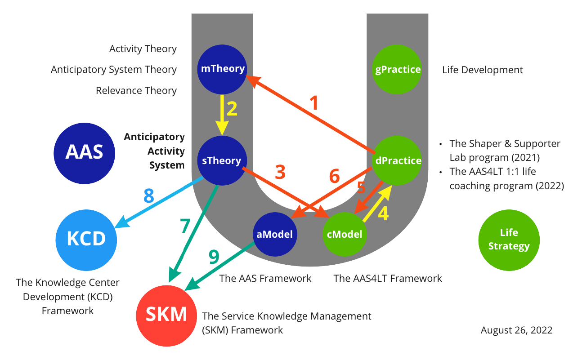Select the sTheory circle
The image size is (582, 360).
tap(221, 160)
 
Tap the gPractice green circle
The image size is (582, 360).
tap(398, 69)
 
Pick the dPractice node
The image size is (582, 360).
tap(398, 160)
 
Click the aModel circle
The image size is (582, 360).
tap(275, 234)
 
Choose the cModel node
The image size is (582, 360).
tap(345, 234)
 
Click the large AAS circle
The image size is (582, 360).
tap(84, 152)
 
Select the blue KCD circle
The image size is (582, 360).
tap(86, 239)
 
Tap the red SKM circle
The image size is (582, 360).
tap(166, 315)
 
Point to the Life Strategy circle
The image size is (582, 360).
tap(509, 240)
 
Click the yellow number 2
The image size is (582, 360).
tap(232, 109)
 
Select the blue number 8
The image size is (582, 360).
tap(149, 196)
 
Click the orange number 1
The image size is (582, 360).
tap(315, 103)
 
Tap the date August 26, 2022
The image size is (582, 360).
tap(516, 330)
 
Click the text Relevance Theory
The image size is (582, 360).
tap(136, 90)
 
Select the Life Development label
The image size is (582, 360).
tap(483, 70)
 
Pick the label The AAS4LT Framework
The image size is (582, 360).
tap(388, 278)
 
